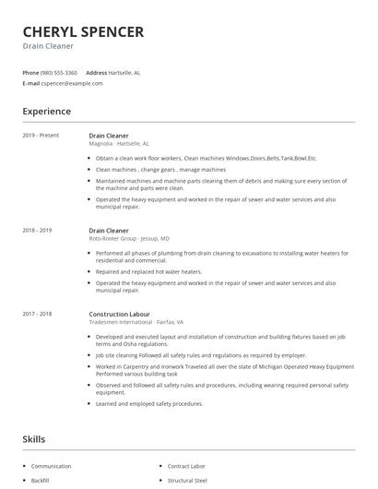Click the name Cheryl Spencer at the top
coord(83,32)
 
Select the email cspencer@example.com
coord(72,83)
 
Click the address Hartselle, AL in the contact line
coord(124,72)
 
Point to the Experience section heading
coord(47,112)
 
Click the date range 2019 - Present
coord(41,136)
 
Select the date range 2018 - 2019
coord(37,230)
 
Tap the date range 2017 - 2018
coord(37,314)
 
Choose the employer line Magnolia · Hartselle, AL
coord(118,144)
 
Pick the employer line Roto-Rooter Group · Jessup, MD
coord(128,238)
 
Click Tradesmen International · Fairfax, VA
coord(136,322)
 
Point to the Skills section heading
coord(34,439)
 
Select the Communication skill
coord(52,467)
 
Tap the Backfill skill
coord(40,481)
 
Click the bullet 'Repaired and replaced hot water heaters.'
coord(148,272)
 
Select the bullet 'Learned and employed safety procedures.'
coord(149,403)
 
